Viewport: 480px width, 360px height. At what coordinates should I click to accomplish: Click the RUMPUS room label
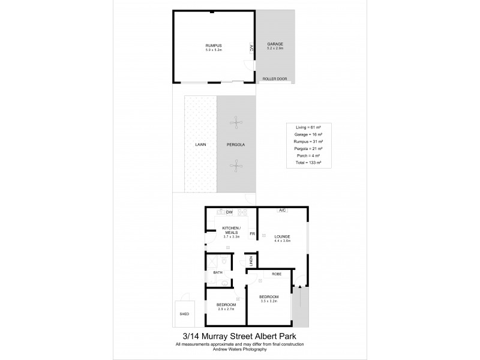pyautogui.click(x=214, y=45)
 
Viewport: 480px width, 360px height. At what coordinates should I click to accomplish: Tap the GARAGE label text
pyautogui.click(x=275, y=44)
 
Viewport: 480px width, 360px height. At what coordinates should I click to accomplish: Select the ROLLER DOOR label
pyautogui.click(x=275, y=79)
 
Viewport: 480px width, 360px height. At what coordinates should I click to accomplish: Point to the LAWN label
pyautogui.click(x=200, y=145)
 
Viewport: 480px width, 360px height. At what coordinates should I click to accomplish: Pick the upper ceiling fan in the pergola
pyautogui.click(x=238, y=122)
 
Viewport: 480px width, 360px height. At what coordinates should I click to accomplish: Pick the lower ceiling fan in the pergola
pyautogui.click(x=238, y=165)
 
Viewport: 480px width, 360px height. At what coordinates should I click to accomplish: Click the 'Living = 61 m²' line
pyautogui.click(x=310, y=128)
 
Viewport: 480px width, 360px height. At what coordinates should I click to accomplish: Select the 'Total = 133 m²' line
pyautogui.click(x=310, y=164)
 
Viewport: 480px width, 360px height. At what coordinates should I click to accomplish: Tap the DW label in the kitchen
pyautogui.click(x=229, y=212)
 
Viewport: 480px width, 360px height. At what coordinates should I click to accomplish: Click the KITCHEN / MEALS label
pyautogui.click(x=231, y=230)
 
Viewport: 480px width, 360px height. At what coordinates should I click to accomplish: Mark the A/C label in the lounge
pyautogui.click(x=281, y=211)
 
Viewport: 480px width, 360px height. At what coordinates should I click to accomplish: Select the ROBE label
pyautogui.click(x=276, y=274)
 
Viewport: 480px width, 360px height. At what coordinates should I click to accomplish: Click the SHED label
pyautogui.click(x=184, y=314)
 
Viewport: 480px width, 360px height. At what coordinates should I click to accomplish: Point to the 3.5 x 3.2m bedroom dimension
pyautogui.click(x=268, y=302)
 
